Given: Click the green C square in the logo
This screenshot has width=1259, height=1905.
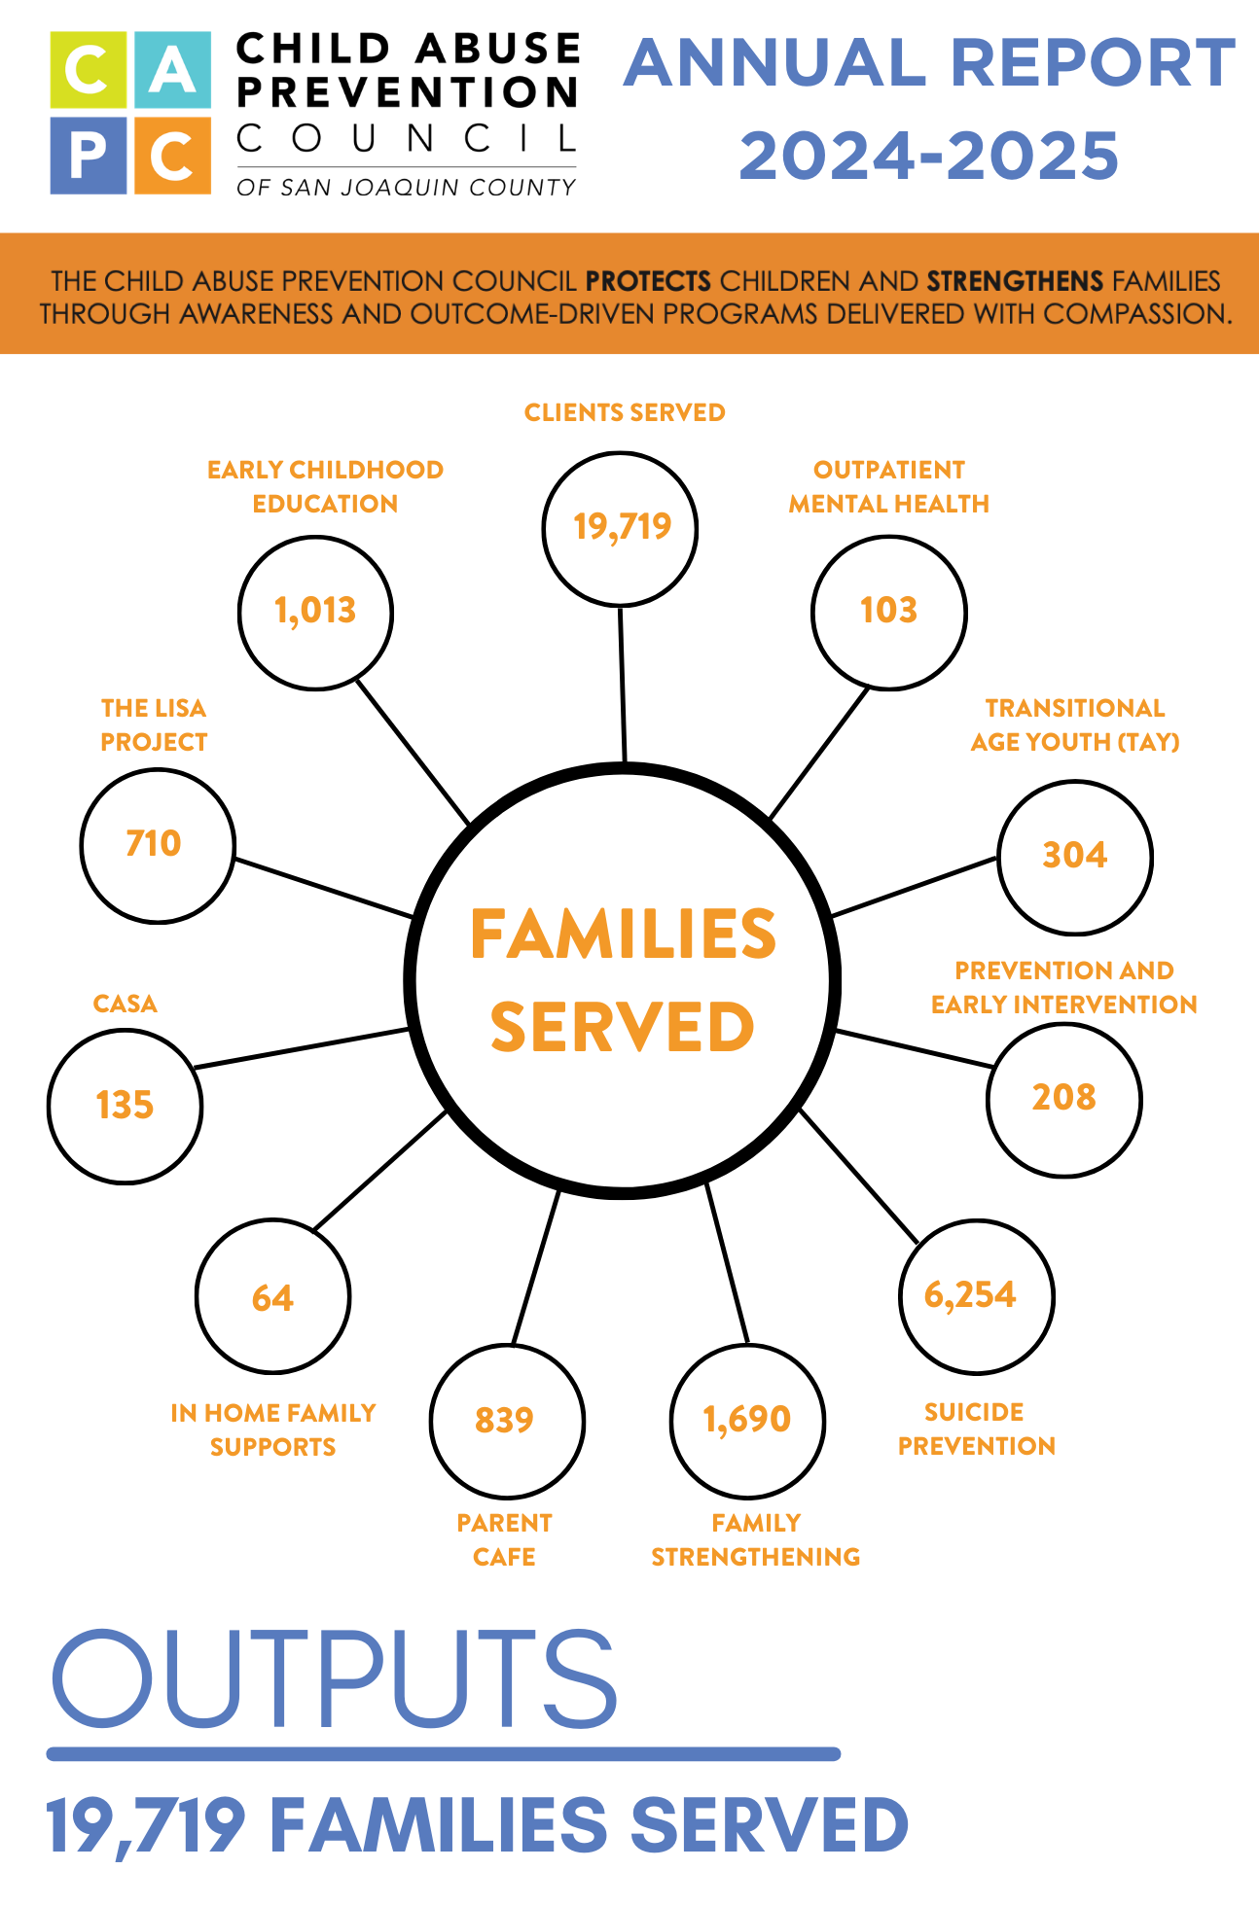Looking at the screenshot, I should [x=89, y=70].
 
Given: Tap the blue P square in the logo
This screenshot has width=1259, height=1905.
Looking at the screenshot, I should [x=89, y=156].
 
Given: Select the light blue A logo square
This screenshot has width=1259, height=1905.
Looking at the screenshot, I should [x=173, y=70].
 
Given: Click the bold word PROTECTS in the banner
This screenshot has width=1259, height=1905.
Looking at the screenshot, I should [x=648, y=281].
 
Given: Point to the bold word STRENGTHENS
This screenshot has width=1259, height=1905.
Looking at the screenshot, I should [x=1015, y=281].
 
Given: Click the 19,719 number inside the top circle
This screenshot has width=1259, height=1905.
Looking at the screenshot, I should [x=622, y=527].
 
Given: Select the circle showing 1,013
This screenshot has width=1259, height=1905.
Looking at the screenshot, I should [x=315, y=612].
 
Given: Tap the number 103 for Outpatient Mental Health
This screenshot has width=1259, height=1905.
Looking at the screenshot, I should [x=888, y=611].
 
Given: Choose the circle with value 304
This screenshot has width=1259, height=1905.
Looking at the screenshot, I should [x=1074, y=856].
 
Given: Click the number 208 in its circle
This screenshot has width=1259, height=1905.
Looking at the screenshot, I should [x=1063, y=1098].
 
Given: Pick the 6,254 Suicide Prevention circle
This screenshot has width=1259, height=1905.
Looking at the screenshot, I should [x=975, y=1295].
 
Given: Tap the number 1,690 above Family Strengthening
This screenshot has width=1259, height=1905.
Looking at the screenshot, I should [x=747, y=1420].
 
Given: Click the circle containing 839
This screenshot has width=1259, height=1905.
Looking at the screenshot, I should [x=506, y=1421].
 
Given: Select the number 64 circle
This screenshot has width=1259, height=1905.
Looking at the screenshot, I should [x=272, y=1298].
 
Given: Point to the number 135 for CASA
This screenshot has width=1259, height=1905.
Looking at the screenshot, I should [x=125, y=1106].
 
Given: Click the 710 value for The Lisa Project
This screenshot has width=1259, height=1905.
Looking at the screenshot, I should [x=154, y=844].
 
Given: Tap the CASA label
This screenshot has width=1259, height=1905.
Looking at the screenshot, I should [x=125, y=1004].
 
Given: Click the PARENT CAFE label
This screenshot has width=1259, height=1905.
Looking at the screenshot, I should [x=504, y=1539].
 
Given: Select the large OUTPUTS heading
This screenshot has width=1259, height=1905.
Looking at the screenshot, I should [x=333, y=1679].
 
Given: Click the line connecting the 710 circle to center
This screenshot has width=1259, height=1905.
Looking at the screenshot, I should [x=324, y=888].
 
